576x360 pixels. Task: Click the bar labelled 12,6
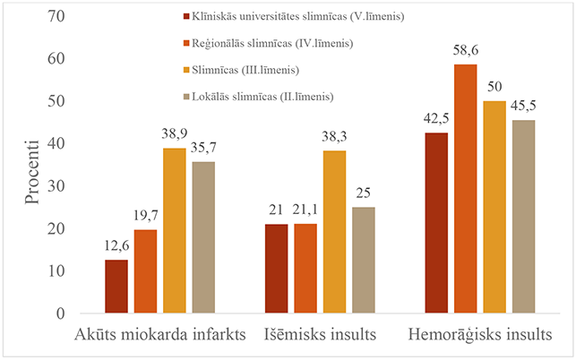tap(116, 287)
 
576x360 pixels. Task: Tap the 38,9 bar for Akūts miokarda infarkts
tap(174, 231)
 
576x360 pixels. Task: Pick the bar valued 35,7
tap(202, 237)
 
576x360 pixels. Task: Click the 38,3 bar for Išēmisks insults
tap(333, 232)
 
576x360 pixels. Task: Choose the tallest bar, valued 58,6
tap(464, 189)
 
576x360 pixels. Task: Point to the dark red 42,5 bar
tap(435, 223)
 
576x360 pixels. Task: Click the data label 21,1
tap(305, 212)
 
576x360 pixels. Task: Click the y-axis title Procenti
tap(32, 170)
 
